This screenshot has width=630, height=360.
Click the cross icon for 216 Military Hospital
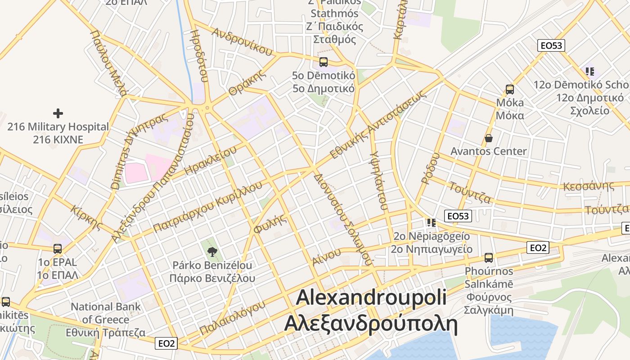[x=58, y=113]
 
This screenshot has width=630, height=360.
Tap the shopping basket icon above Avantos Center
[x=489, y=138]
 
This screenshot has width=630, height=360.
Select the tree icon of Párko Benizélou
[x=212, y=251]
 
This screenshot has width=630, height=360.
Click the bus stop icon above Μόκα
[x=510, y=90]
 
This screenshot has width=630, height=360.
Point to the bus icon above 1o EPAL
[x=58, y=249]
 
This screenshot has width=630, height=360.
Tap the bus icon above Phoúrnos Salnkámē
[x=489, y=258]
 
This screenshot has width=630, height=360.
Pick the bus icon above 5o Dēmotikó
[x=323, y=62]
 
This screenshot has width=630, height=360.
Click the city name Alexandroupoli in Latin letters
[x=371, y=298]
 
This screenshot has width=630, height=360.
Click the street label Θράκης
[x=245, y=84]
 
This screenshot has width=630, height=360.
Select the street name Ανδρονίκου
[x=242, y=41]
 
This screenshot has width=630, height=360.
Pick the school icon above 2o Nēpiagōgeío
[x=432, y=222]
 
